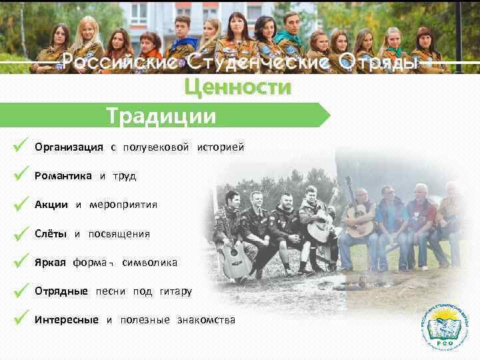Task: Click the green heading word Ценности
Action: pos(237,87)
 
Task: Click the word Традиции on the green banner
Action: pos(162,116)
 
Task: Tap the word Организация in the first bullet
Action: pos(69,147)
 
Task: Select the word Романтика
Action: pos(63,176)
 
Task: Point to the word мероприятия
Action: pos(123,205)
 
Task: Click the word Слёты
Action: pos(51,234)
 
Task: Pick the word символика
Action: pos(149,263)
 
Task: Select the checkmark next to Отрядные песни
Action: pos(20,290)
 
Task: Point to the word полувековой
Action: pos(155,147)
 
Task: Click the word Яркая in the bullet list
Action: pos(50,263)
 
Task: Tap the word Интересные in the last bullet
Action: pos(67,320)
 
